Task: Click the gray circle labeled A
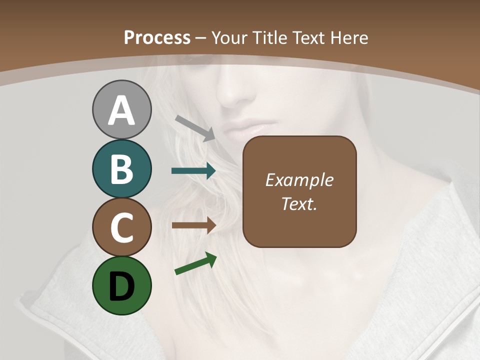(x=121, y=109)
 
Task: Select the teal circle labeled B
(x=121, y=168)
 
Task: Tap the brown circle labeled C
(x=121, y=227)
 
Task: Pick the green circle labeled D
(x=121, y=285)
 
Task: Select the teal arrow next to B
(x=193, y=171)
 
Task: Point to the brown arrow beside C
(x=193, y=225)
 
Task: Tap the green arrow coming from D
(x=195, y=263)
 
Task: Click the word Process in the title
(x=157, y=38)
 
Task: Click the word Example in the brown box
(x=299, y=180)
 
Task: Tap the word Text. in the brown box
(x=299, y=203)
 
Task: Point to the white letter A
(x=121, y=110)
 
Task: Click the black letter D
(x=121, y=286)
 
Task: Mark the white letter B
(x=121, y=169)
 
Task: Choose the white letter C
(x=121, y=227)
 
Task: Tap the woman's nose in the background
(x=231, y=90)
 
